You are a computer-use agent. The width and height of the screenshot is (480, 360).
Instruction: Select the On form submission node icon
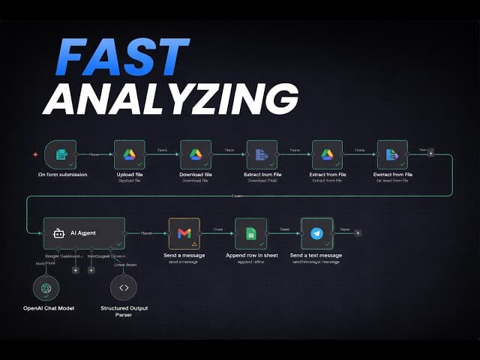click(x=61, y=154)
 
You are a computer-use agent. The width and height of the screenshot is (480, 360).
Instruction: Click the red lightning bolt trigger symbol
click(x=34, y=154)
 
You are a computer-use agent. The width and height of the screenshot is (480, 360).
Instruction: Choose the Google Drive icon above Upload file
click(x=129, y=154)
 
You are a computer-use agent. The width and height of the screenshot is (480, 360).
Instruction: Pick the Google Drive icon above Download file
click(x=195, y=154)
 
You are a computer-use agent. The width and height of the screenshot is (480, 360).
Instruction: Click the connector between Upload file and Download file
click(x=162, y=154)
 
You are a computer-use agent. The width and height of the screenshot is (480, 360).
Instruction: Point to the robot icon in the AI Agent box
click(x=59, y=233)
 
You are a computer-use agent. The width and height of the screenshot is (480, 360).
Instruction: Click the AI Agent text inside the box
click(x=83, y=233)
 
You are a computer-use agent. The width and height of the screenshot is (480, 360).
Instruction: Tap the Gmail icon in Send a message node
click(x=184, y=233)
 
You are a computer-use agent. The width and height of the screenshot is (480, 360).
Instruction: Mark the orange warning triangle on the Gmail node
click(x=195, y=244)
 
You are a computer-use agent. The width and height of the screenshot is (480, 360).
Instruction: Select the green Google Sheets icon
click(x=250, y=233)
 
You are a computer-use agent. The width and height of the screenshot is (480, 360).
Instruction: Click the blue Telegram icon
click(x=316, y=233)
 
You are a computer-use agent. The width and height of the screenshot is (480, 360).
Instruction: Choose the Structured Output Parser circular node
click(x=124, y=288)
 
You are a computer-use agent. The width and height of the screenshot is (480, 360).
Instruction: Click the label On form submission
click(x=62, y=175)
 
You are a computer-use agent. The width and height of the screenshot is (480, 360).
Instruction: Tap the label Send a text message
click(x=316, y=256)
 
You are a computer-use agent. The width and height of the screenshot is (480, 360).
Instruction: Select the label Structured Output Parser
click(x=124, y=311)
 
